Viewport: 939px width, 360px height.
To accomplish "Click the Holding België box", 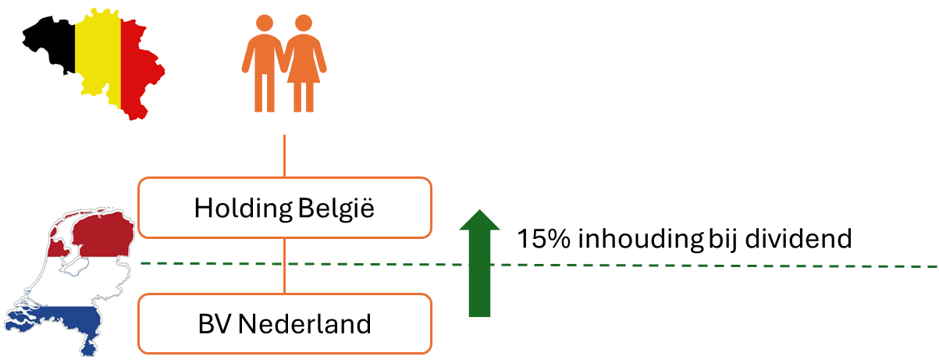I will coord(284,208).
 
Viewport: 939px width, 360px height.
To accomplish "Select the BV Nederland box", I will coord(284,323).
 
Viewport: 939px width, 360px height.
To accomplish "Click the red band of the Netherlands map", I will coord(98,234).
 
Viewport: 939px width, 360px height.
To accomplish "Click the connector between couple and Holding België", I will coord(284,155).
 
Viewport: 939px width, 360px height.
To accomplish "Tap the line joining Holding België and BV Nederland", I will coord(284,266).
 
